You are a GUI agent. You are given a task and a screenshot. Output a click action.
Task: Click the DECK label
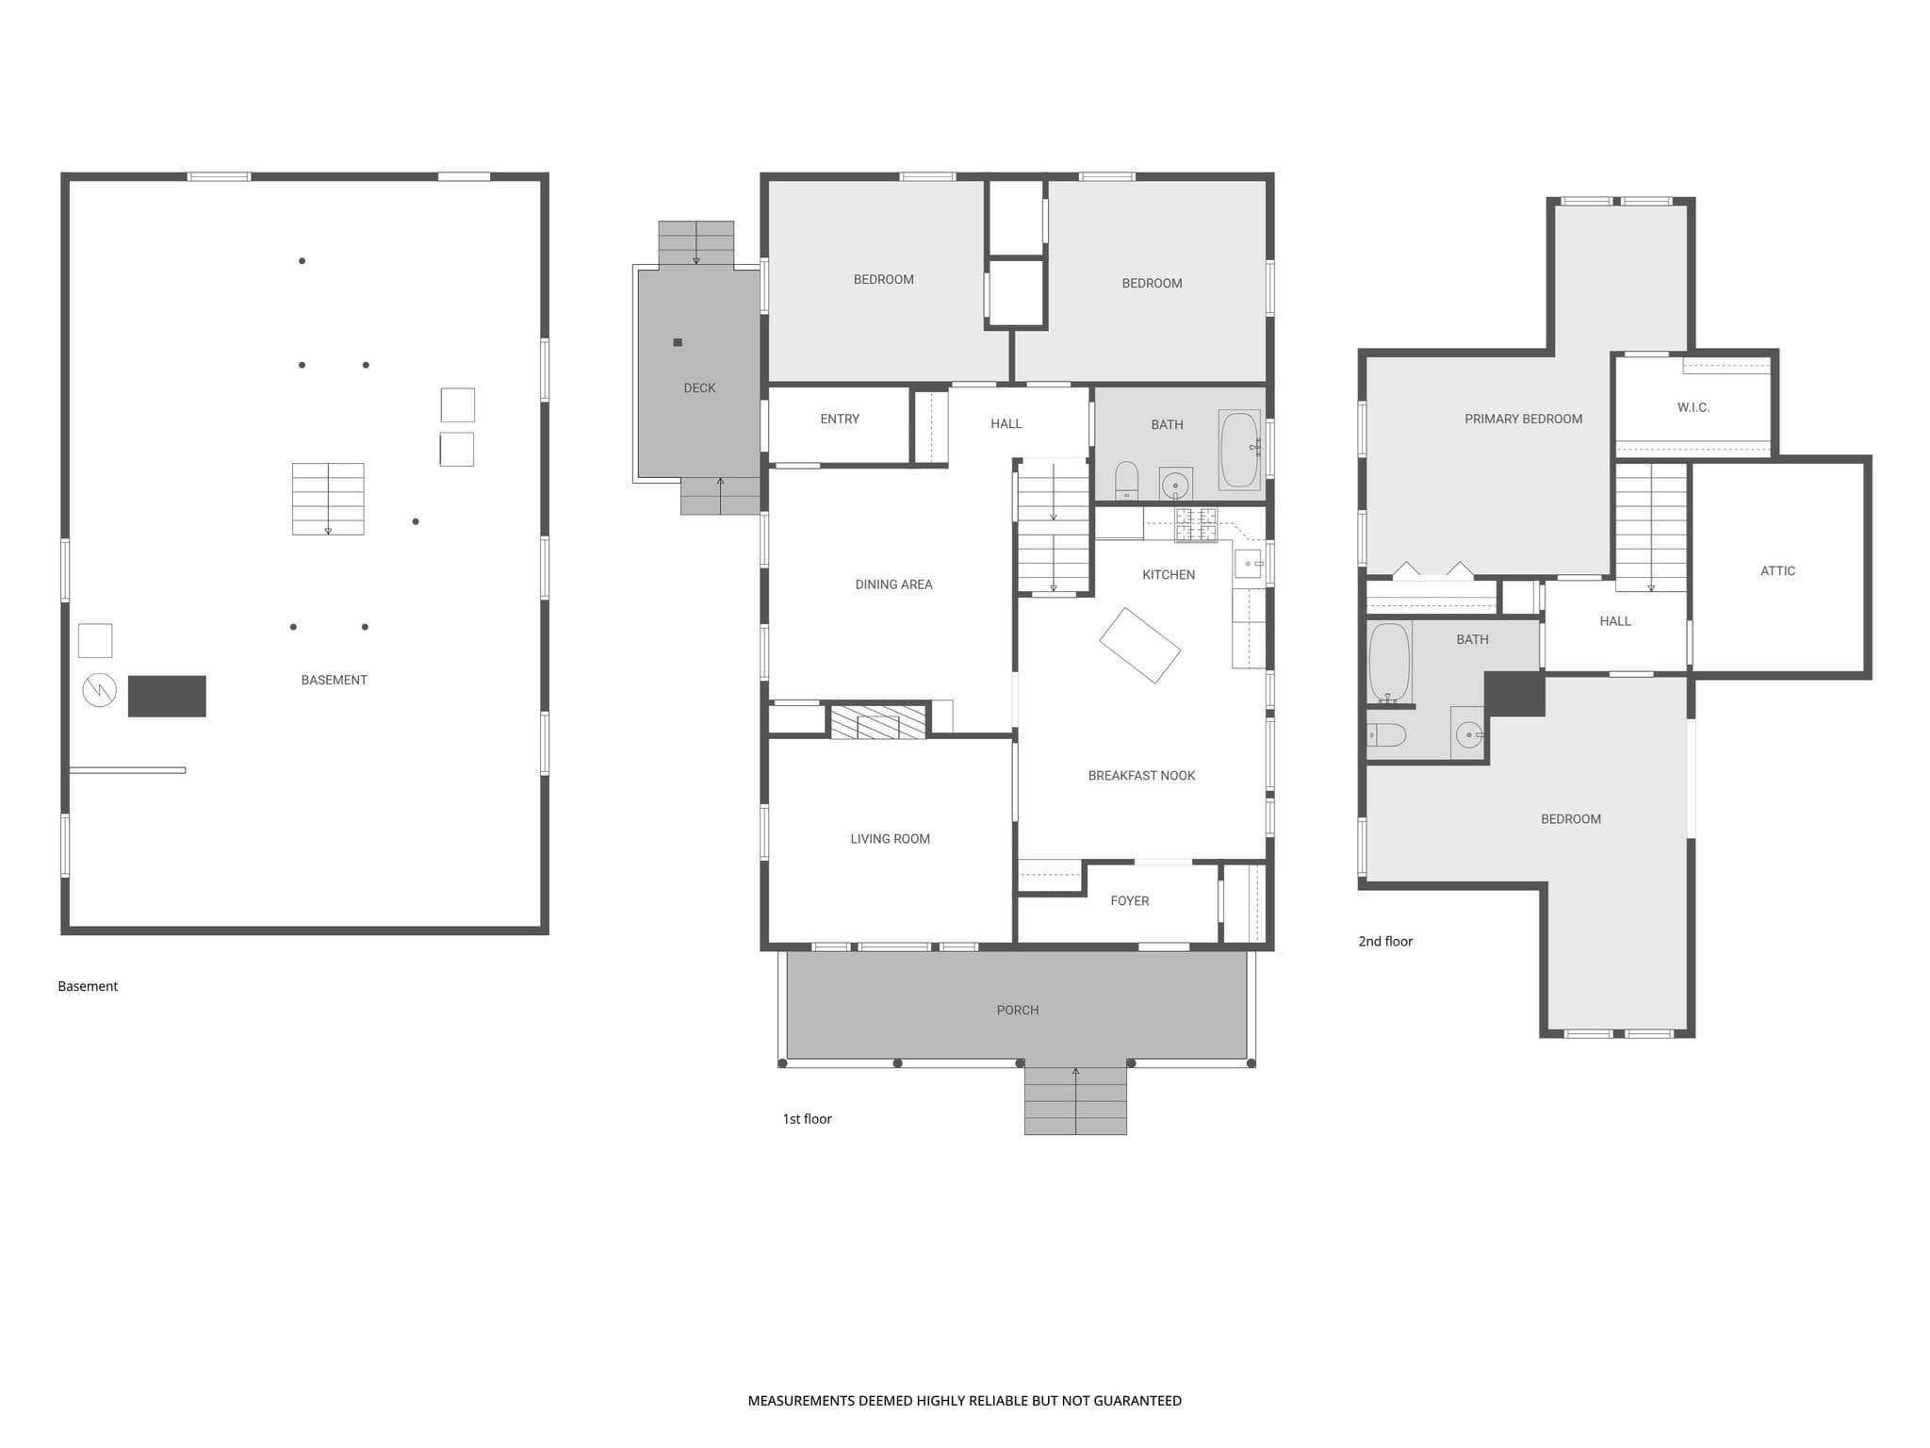click(699, 387)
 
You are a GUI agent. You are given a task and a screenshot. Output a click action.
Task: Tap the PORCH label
click(1018, 1010)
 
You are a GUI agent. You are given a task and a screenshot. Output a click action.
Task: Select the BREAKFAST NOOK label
click(1141, 776)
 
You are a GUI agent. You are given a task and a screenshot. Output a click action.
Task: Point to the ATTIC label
click(1777, 570)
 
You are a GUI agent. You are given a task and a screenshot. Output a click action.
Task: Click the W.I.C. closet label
click(1693, 407)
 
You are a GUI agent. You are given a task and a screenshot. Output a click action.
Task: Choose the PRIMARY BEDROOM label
click(1523, 419)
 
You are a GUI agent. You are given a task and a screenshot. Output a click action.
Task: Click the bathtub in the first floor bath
click(1239, 450)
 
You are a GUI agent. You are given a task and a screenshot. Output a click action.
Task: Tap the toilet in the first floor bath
click(1127, 481)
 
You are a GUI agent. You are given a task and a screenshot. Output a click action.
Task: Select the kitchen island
click(1140, 646)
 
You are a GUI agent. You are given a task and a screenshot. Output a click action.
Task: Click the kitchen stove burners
click(1195, 524)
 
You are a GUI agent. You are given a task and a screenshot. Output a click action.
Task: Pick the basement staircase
click(328, 499)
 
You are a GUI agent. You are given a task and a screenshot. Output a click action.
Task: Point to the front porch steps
click(1075, 1100)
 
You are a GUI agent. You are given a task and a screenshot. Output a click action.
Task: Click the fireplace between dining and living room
click(877, 721)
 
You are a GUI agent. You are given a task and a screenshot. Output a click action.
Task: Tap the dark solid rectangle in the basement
click(167, 696)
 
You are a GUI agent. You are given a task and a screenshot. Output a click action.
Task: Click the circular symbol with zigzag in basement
click(99, 690)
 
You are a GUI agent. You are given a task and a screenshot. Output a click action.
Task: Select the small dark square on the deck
click(678, 342)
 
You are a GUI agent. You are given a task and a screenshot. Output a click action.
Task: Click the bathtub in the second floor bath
click(1389, 662)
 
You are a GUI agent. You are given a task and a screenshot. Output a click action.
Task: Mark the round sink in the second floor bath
click(1468, 733)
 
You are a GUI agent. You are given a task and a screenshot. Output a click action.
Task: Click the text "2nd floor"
click(1385, 941)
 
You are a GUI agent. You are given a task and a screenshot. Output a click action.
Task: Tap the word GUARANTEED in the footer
click(1137, 1401)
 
